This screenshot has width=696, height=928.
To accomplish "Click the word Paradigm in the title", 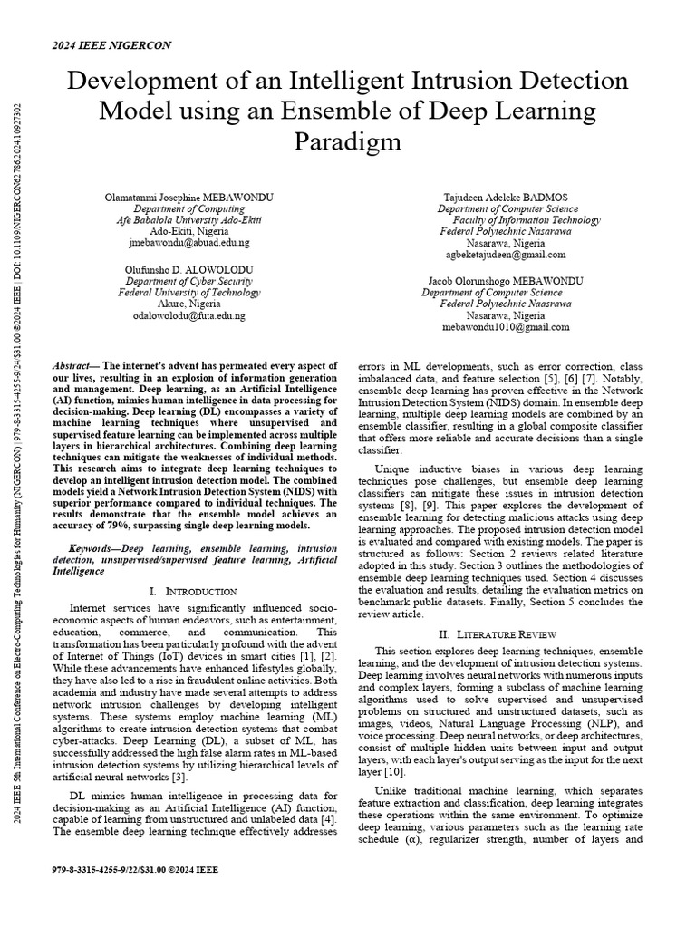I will tap(347, 142).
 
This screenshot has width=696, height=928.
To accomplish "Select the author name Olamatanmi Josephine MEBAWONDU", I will tap(189, 197).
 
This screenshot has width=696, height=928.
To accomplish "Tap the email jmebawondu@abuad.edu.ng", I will tap(189, 244).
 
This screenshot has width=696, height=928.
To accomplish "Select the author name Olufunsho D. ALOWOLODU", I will tap(189, 269).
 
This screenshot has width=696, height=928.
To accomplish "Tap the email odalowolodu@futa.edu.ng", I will tap(189, 316).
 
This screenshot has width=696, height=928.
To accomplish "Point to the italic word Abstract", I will tap(94, 361).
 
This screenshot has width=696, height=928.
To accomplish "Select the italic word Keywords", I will tap(94, 549).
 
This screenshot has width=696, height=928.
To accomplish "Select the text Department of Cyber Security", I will tap(189, 281).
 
